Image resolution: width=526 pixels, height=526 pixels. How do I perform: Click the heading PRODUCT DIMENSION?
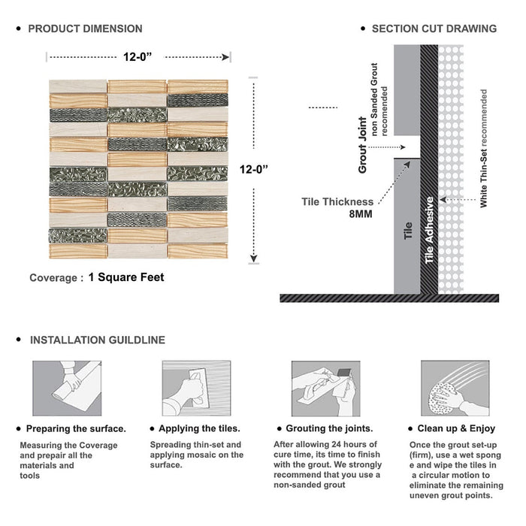[x=85, y=29]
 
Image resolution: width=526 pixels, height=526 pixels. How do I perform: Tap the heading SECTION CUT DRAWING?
[x=434, y=29]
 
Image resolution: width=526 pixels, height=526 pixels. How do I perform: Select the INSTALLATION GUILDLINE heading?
[x=98, y=340]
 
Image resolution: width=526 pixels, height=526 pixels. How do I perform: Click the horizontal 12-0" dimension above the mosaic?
[x=138, y=57]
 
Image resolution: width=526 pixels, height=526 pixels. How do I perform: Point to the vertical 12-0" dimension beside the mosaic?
[x=254, y=169]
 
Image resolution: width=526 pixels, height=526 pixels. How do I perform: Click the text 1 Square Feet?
[x=126, y=277]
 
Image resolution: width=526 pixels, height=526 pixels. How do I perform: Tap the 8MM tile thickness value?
[x=361, y=214]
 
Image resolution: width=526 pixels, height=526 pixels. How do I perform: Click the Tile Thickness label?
[x=337, y=202]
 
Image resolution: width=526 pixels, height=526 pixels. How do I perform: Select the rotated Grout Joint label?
[x=363, y=145]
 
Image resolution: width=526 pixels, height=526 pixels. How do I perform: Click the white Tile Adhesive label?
[x=429, y=230]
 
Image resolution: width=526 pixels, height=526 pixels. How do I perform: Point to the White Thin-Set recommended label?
[x=483, y=148]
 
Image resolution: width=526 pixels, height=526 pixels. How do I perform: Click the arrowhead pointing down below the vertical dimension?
[x=254, y=258]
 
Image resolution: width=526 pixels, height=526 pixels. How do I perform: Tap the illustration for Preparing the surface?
[x=67, y=388]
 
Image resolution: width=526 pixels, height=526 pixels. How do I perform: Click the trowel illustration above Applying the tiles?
[x=197, y=388]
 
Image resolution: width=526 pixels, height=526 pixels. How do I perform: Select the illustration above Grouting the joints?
[x=325, y=388]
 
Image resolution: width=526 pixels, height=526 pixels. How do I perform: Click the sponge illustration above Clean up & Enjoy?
[x=455, y=388]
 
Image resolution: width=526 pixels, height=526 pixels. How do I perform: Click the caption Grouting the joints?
[x=329, y=429]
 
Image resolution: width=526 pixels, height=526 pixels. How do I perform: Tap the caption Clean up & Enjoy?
[x=456, y=429]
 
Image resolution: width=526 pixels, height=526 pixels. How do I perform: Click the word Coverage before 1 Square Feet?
[x=53, y=278]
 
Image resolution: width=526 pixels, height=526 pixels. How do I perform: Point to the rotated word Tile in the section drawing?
[x=408, y=231]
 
